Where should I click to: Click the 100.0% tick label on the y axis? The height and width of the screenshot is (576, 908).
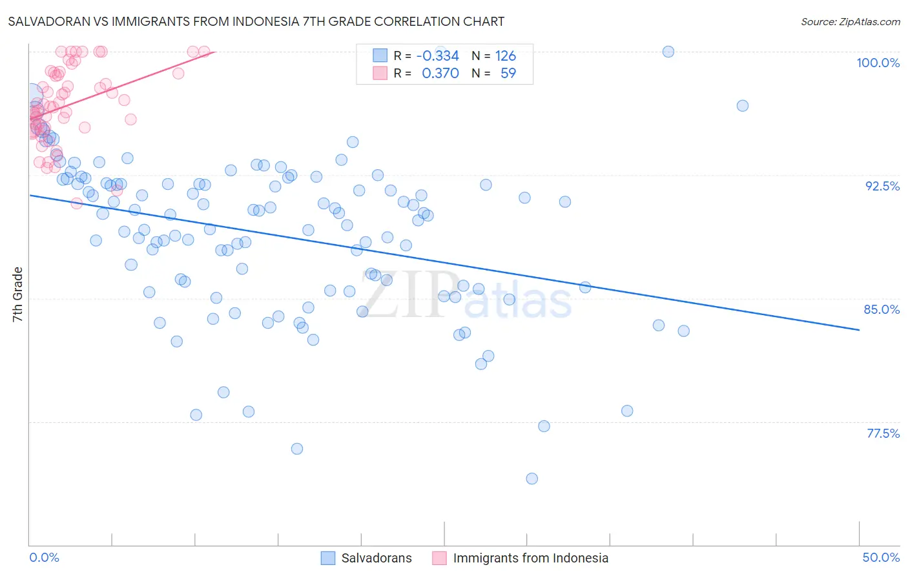(x=878, y=63)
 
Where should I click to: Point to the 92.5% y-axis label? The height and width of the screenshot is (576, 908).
(x=882, y=186)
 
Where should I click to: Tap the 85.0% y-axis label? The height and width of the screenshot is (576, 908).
(x=882, y=309)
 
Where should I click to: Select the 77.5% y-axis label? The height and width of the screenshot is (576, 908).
(x=883, y=433)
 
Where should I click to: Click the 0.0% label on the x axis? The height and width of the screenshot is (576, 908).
(x=44, y=557)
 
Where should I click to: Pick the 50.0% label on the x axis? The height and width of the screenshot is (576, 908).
(x=881, y=557)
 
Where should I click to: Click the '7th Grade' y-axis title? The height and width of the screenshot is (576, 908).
(x=17, y=294)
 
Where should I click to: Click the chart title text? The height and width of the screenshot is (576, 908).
(x=256, y=21)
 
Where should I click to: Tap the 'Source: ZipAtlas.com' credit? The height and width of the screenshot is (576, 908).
(x=850, y=21)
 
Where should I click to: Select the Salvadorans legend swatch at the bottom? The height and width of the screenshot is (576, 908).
(x=328, y=558)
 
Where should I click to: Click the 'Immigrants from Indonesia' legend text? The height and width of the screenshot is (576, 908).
(x=530, y=558)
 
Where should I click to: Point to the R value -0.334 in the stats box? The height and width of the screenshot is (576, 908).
(x=437, y=56)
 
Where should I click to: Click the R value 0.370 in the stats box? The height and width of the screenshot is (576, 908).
(x=440, y=73)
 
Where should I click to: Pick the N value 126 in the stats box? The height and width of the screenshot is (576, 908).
(x=505, y=56)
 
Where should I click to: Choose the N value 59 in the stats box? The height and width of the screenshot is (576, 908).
(x=508, y=73)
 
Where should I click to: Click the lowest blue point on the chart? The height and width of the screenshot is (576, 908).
(x=532, y=478)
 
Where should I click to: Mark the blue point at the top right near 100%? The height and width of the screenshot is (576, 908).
(x=668, y=52)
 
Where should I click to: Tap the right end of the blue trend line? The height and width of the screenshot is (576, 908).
(x=859, y=330)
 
